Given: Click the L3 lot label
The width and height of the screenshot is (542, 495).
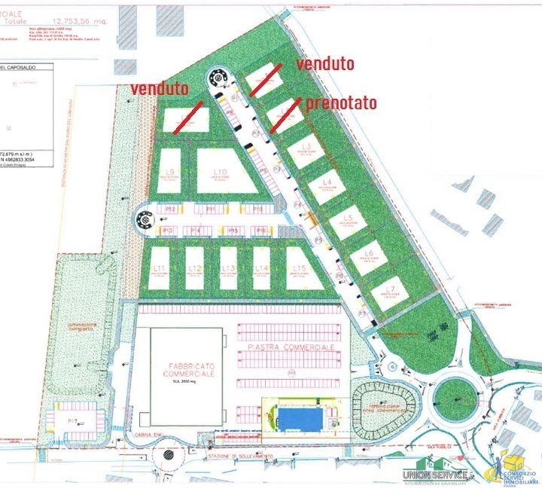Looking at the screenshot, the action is pyautogui.click(x=306, y=146).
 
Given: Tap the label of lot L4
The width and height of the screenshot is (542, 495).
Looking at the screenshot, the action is pyautogui.click(x=327, y=182).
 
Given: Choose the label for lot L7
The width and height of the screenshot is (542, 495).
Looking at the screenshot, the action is pyautogui.click(x=389, y=289).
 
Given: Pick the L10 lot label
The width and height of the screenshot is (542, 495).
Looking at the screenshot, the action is pyautogui.click(x=220, y=173).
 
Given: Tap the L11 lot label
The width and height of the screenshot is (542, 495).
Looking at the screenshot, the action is pyautogui.click(x=159, y=268).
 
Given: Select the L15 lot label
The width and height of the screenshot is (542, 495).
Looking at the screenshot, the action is pyautogui.click(x=300, y=268).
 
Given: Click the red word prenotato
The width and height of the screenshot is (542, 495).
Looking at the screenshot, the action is pyautogui.click(x=341, y=102).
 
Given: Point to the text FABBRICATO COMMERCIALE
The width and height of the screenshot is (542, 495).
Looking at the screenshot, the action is pyautogui.click(x=192, y=371).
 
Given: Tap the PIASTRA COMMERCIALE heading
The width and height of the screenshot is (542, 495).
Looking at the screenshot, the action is pyautogui.click(x=290, y=347).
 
